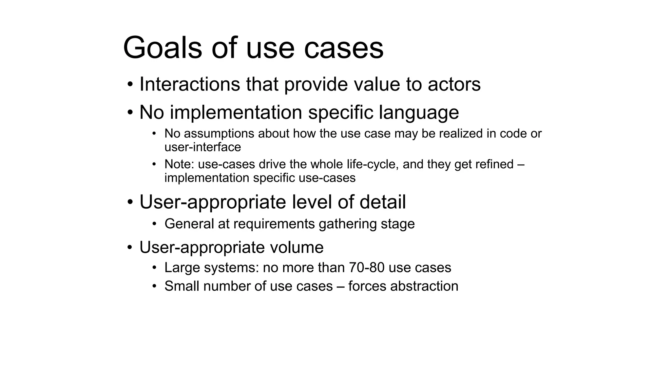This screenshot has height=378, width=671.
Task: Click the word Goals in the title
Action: (162, 48)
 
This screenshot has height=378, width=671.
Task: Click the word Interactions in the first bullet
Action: (190, 84)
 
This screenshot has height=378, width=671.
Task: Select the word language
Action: (419, 113)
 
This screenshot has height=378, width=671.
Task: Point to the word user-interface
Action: (202, 147)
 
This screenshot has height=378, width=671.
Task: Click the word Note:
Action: (179, 164)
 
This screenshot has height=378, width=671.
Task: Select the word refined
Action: (494, 164)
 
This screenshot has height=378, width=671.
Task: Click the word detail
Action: (382, 202)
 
